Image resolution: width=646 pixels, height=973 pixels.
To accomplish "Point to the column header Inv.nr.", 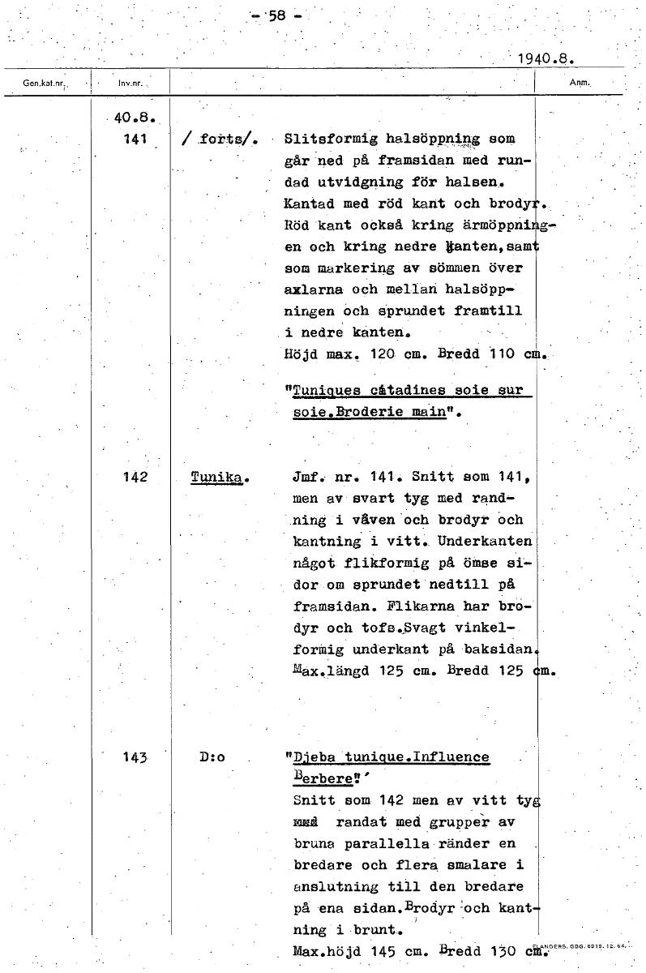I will point(129,83).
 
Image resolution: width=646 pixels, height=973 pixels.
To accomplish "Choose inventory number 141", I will point(130,138).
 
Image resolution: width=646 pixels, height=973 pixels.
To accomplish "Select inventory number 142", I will point(130,478).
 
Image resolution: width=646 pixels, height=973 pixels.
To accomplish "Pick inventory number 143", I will point(130,758).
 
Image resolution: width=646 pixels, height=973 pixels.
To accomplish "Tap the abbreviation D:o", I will point(212,758).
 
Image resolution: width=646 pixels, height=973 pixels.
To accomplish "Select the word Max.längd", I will point(324,671).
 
